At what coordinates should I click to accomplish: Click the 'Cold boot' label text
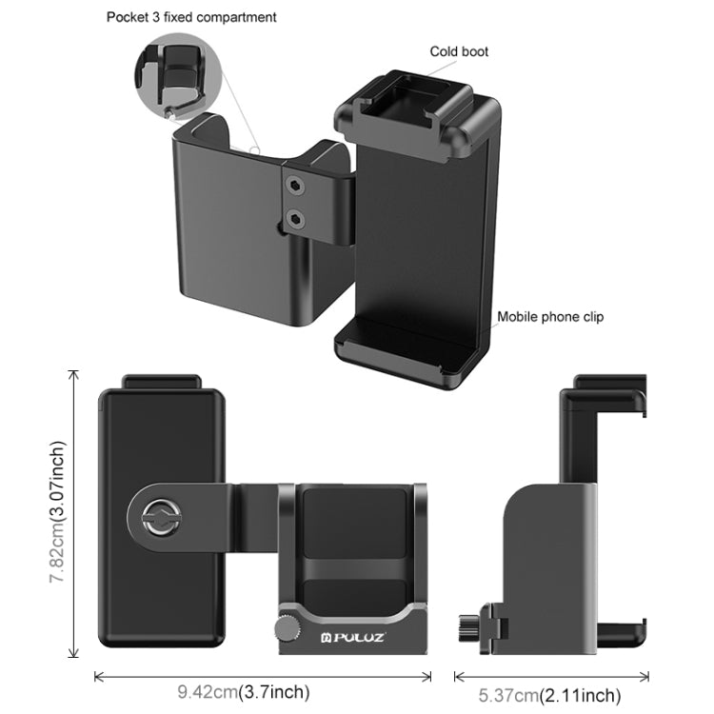point(460,51)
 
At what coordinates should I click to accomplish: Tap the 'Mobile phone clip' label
point(550,317)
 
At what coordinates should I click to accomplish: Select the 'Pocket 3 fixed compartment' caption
point(191,17)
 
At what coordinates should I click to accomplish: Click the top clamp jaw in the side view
point(604,390)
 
